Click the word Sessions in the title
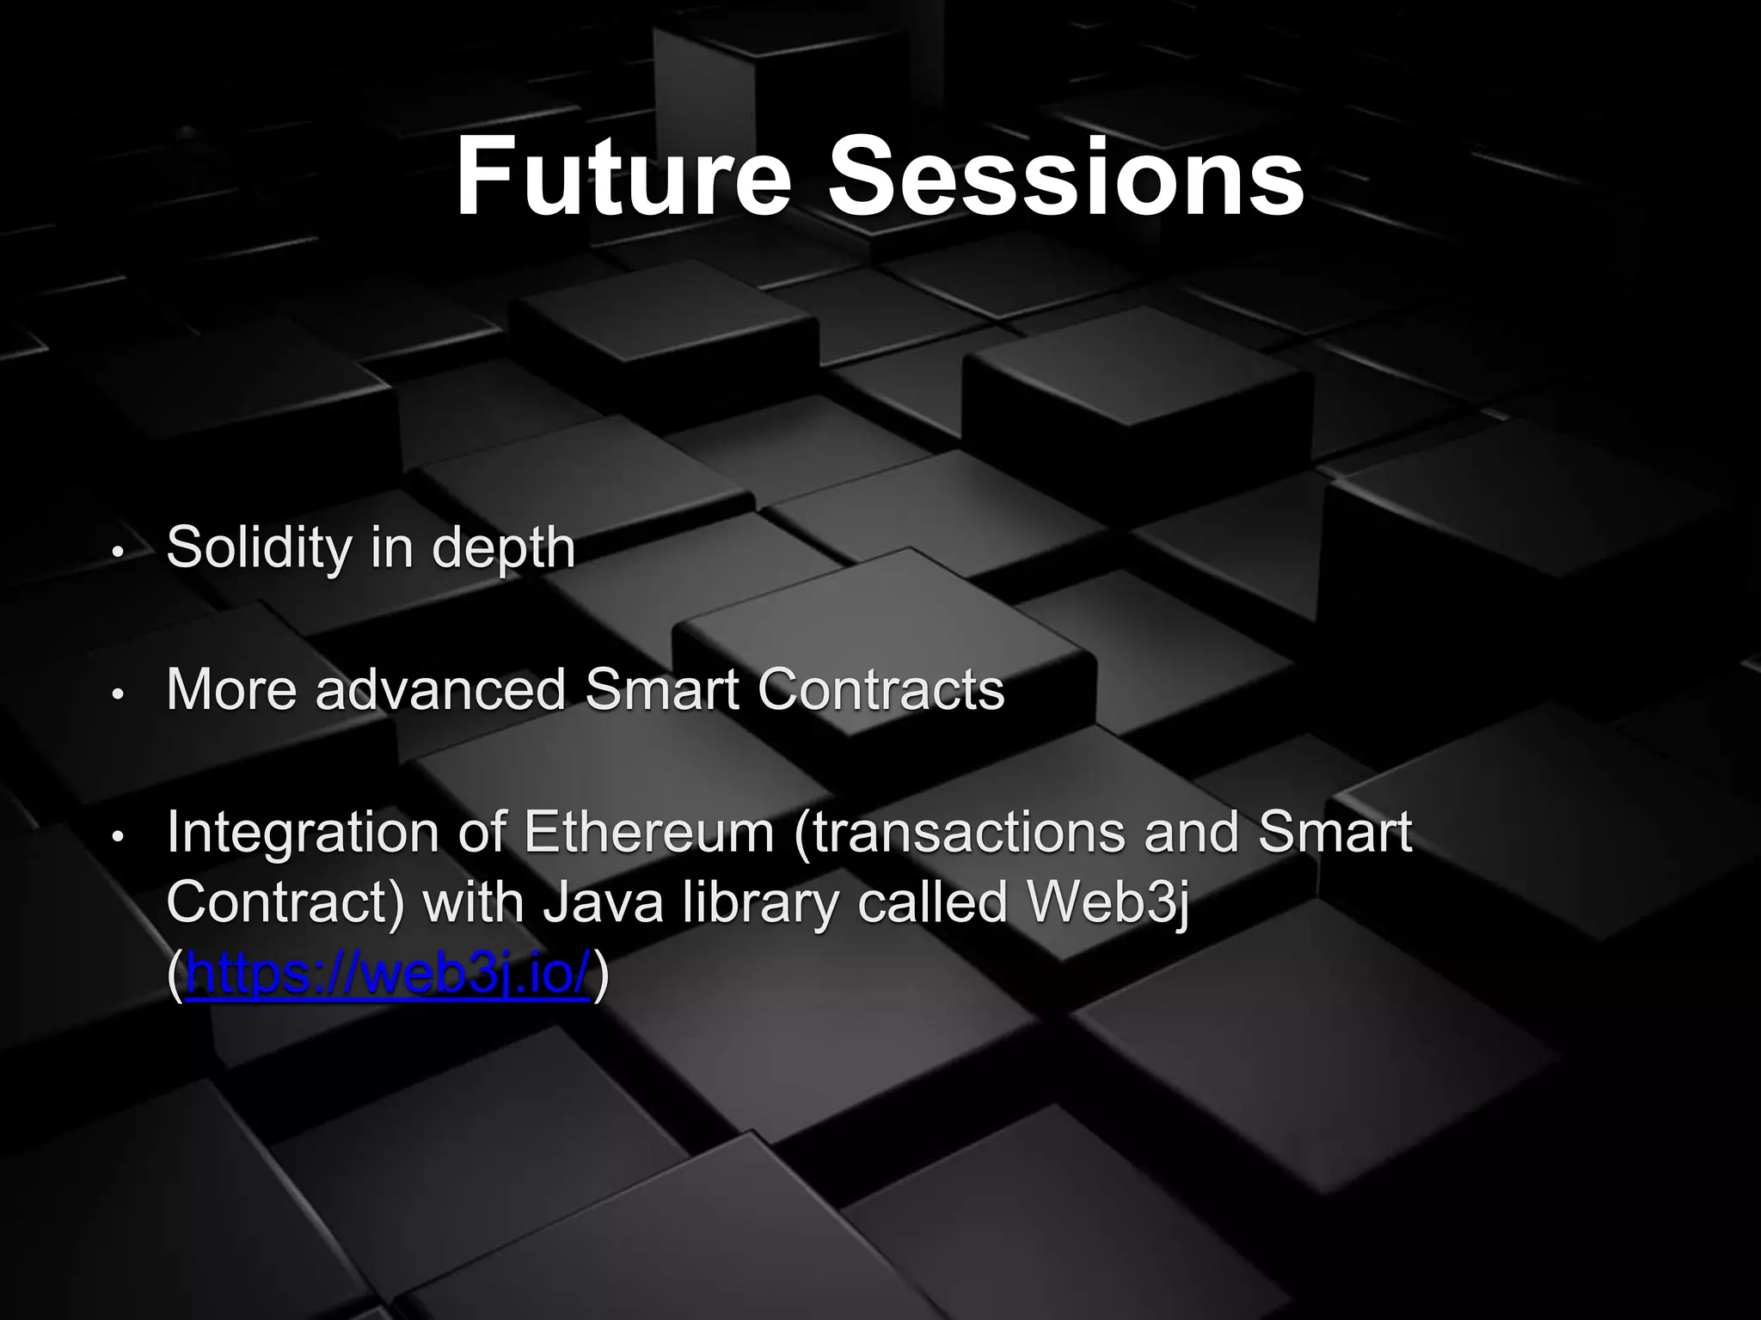(x=1065, y=178)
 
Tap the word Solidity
(x=259, y=547)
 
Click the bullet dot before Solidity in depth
(x=119, y=552)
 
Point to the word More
(x=233, y=689)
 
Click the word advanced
(x=440, y=689)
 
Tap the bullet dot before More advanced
(x=119, y=694)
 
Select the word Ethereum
(x=649, y=833)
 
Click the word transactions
(x=959, y=833)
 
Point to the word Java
(x=601, y=903)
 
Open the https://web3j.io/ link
(x=388, y=974)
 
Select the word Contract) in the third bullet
(x=285, y=903)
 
